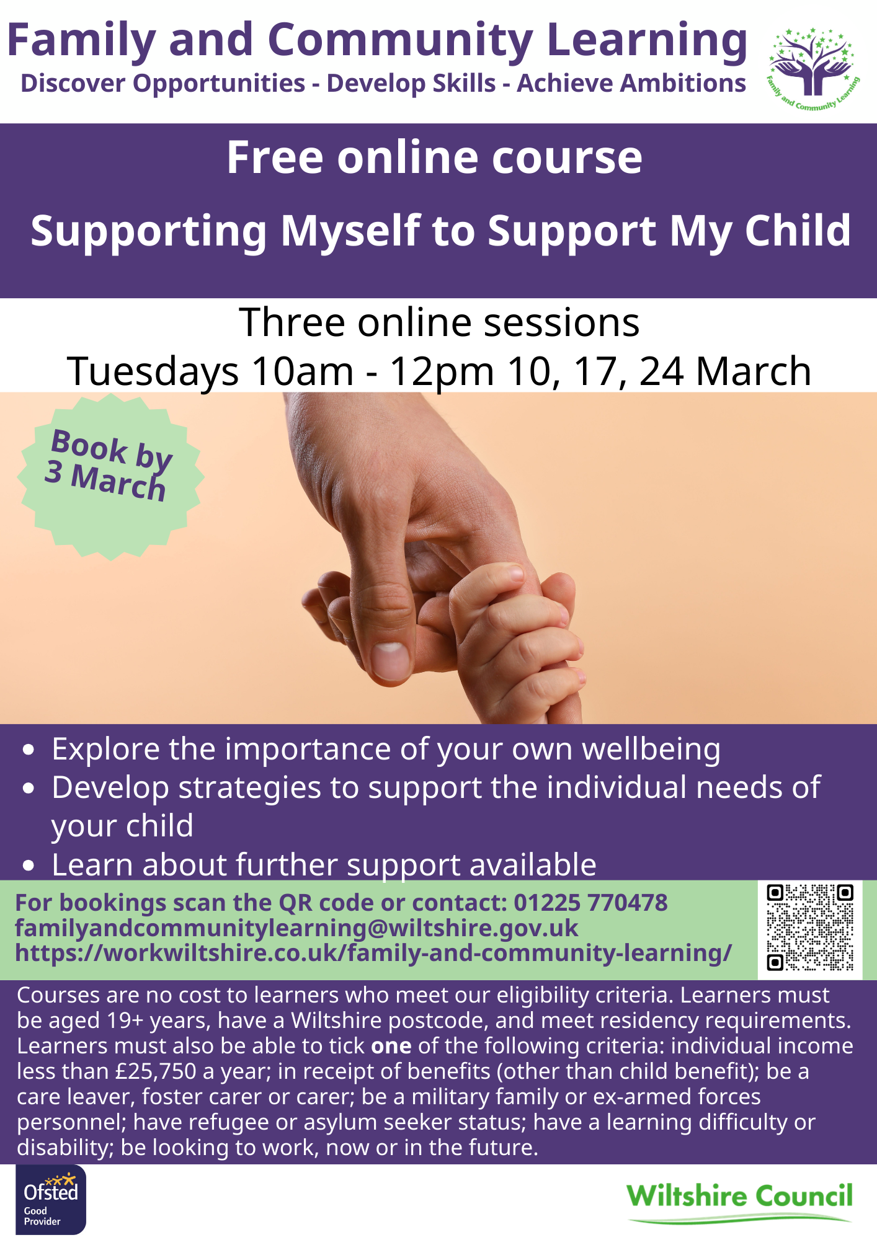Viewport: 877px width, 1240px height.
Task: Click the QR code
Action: (x=810, y=928)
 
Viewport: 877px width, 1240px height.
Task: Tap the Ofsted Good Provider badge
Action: (x=51, y=1200)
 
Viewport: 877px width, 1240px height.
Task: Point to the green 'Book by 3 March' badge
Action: (x=110, y=477)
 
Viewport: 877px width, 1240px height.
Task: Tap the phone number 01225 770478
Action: (x=590, y=903)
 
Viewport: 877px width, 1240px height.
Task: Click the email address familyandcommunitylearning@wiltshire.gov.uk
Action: (x=296, y=928)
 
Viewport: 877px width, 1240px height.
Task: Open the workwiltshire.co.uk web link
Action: (x=373, y=953)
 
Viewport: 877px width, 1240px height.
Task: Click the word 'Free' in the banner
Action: (x=275, y=157)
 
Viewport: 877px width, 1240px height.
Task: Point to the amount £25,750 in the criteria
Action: (x=156, y=1071)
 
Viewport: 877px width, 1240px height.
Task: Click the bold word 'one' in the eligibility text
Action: (x=391, y=1046)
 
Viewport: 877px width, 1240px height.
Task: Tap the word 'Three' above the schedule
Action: (x=292, y=322)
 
